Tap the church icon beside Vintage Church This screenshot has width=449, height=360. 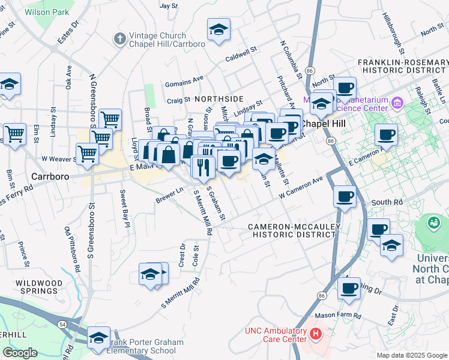tap(120, 39)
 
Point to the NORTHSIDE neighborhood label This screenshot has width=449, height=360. tap(218, 98)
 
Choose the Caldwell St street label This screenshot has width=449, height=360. tap(241, 59)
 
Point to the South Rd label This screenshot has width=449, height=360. tap(387, 203)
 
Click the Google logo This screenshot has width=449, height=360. tap(20, 353)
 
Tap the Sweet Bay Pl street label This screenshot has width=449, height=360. tap(123, 209)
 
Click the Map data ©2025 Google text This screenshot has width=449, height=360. tap(411, 355)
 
